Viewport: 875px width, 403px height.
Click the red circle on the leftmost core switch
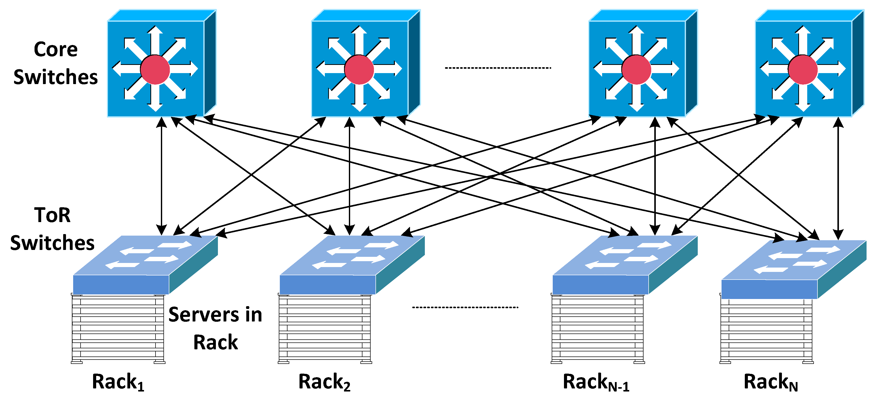click(155, 69)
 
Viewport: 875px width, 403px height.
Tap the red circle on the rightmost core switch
click(803, 69)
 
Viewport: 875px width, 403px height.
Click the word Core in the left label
click(56, 50)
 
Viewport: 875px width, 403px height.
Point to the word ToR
click(52, 215)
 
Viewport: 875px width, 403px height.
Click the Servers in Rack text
click(215, 328)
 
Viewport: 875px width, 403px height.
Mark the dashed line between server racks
click(465, 307)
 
